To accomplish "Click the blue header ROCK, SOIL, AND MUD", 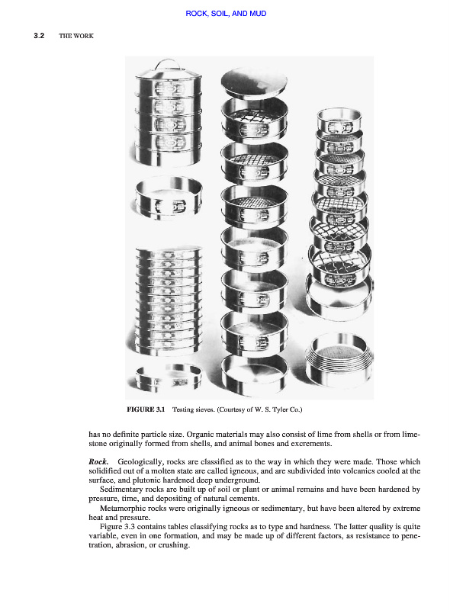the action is [x=226, y=14].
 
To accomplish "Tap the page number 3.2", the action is [x=39, y=36].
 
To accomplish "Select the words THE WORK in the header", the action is [x=76, y=36].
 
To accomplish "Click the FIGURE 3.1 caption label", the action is [x=146, y=409].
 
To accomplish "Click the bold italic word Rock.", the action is [x=98, y=462].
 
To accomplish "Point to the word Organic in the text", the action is [x=202, y=434].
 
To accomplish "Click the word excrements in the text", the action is [x=311, y=444].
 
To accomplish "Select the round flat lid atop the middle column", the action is [x=254, y=82].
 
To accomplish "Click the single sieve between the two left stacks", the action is [x=169, y=197].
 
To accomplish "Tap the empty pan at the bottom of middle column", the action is [x=255, y=374].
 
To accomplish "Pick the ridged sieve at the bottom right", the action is [x=339, y=361].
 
